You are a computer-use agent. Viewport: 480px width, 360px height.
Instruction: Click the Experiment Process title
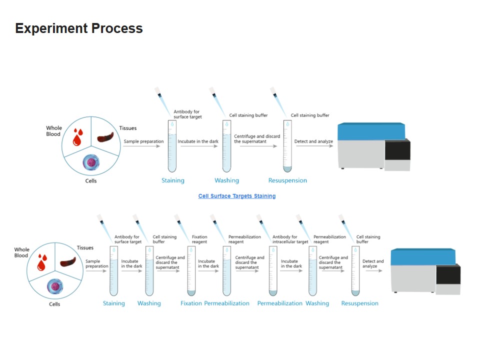(79, 28)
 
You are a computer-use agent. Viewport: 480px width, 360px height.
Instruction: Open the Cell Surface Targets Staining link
(236, 196)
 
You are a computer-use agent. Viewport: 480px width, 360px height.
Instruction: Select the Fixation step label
(191, 303)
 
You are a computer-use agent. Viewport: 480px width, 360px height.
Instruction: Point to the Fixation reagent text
(199, 239)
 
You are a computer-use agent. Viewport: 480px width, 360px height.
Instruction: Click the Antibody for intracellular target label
(290, 239)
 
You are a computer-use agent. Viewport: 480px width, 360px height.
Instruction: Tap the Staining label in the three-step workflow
(172, 180)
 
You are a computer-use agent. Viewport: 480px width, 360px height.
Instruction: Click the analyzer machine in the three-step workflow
(374, 146)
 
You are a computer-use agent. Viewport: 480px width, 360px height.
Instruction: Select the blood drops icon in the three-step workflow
(77, 135)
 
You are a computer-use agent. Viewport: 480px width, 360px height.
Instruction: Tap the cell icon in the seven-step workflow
(54, 286)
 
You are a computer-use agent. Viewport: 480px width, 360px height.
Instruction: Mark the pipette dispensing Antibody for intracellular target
(263, 225)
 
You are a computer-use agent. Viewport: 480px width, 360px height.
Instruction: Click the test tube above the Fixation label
(191, 270)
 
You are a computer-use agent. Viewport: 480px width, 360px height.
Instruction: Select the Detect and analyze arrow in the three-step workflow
(314, 147)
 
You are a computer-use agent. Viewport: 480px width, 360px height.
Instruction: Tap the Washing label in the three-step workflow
(226, 180)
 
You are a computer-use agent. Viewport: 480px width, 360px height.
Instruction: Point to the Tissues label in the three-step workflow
(128, 128)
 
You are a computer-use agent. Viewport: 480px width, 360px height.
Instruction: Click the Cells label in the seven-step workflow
(54, 304)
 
